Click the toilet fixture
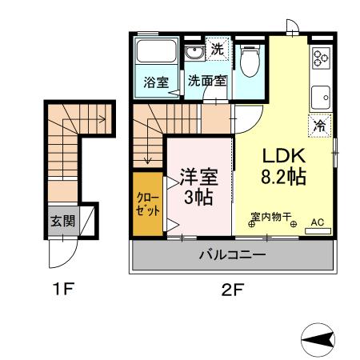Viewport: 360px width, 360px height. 250,61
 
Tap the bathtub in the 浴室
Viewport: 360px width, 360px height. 156,51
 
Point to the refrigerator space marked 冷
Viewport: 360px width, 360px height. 319,126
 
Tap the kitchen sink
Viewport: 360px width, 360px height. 321,98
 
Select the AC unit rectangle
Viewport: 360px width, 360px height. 318,231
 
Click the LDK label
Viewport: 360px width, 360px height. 284,156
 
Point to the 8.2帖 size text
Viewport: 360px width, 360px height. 283,177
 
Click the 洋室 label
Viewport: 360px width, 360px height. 199,177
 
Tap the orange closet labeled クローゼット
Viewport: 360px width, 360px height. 148,204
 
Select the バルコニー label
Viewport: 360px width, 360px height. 233,254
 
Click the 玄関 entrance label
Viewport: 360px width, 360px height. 63,221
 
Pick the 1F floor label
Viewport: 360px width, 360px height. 63,290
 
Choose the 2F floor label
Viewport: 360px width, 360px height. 233,290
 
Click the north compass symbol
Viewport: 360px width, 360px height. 318,340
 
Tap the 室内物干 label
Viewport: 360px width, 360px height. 271,217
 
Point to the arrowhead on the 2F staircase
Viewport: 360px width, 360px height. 147,161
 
